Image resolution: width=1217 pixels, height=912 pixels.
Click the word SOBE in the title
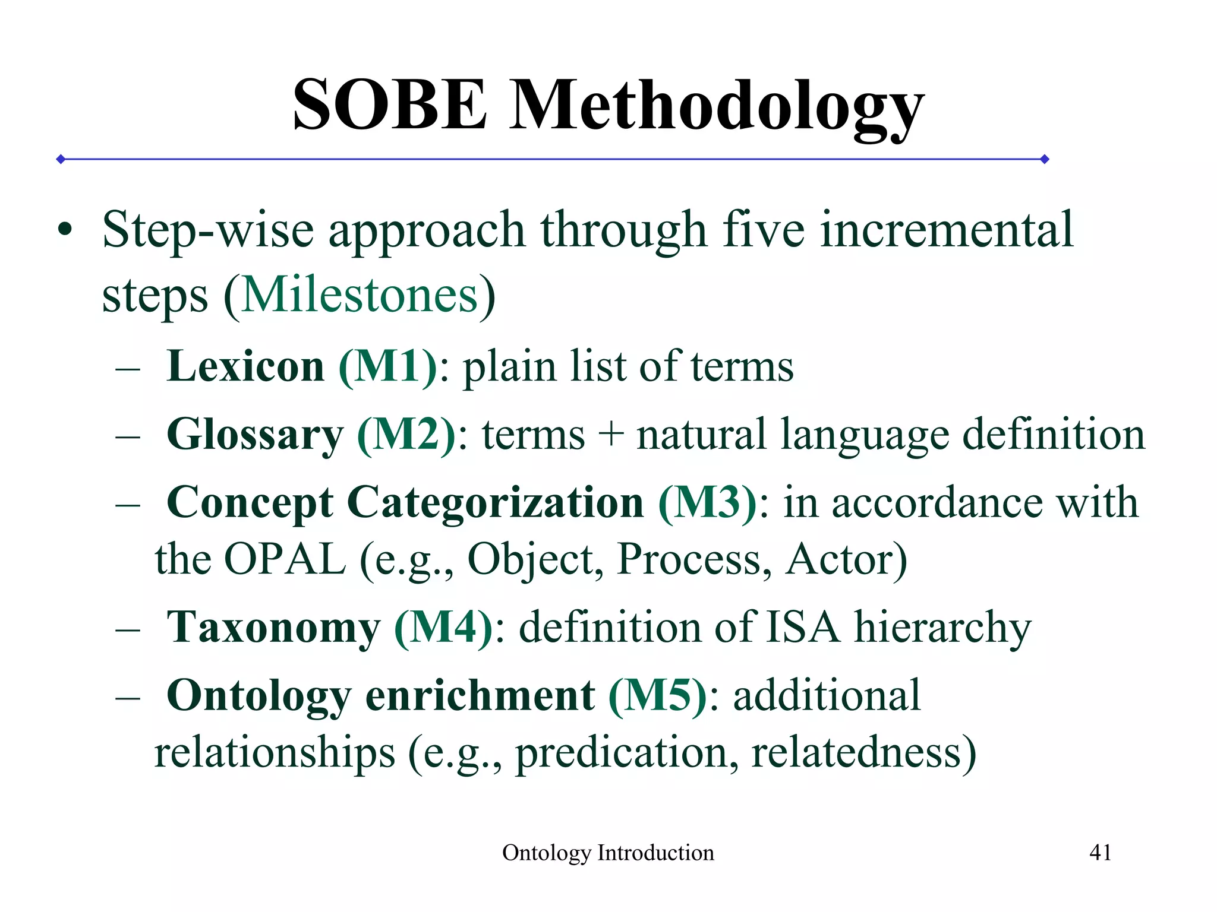[390, 105]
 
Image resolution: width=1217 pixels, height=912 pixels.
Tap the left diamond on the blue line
[61, 159]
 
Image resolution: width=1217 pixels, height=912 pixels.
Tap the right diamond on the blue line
[1045, 159]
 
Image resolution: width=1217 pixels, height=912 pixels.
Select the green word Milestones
[360, 295]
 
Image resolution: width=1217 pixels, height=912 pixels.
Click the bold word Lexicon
[245, 366]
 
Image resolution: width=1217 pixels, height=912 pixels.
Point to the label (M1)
[387, 366]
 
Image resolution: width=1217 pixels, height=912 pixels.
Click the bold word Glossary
[255, 435]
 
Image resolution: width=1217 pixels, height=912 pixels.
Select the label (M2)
[406, 435]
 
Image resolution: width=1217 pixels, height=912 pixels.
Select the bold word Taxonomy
[273, 628]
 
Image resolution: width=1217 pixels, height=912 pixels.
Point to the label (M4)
[443, 627]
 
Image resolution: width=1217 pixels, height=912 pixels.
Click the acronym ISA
[802, 627]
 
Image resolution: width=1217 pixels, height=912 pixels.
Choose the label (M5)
[658, 695]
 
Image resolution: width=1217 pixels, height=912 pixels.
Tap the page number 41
[1100, 853]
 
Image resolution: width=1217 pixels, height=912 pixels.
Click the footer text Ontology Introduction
[608, 853]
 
